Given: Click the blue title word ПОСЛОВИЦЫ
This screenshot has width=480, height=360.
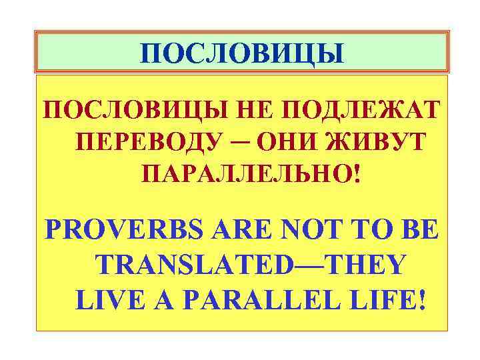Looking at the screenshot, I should click(243, 53).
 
